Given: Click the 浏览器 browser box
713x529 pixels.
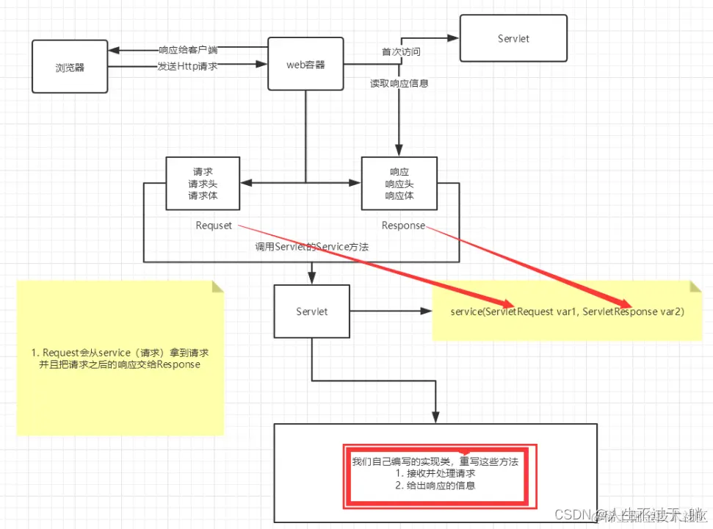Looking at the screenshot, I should click(70, 67).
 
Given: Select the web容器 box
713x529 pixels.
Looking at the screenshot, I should click(305, 65).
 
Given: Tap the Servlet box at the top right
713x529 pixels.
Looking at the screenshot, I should click(513, 38).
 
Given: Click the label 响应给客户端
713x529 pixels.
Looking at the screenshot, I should click(188, 51).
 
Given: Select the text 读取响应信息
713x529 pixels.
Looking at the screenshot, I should click(399, 84).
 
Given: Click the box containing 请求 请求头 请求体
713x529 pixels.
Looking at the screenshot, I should click(203, 184).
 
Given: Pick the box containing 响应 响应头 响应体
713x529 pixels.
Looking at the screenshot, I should click(399, 184).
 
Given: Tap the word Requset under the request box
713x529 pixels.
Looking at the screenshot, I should click(214, 226).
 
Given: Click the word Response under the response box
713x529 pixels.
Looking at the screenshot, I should click(403, 226).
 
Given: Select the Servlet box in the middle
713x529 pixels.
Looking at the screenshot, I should click(311, 312).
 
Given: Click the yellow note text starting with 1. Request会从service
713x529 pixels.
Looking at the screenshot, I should click(120, 359).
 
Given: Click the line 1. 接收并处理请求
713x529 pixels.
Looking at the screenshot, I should click(435, 474).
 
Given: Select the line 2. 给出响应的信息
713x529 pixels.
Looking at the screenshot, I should click(435, 486).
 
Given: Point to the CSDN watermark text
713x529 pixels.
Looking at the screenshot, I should click(573, 514).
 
